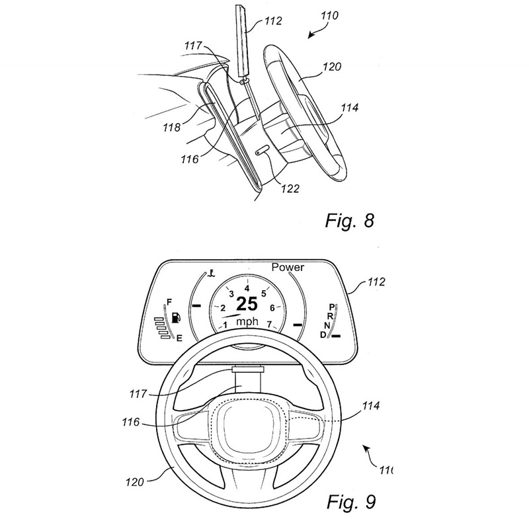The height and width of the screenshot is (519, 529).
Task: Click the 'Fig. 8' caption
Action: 350,221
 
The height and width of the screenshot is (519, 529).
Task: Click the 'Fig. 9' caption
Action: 351,501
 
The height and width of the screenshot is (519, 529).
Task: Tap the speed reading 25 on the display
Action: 247,304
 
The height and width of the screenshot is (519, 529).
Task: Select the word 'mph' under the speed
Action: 247,321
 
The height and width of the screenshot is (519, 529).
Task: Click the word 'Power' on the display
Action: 288,267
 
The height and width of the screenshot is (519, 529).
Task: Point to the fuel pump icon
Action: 176,317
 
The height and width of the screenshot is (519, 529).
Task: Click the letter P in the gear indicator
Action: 332,307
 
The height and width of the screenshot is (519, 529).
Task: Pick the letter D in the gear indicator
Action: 323,335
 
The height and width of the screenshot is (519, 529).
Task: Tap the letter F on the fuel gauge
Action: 169,302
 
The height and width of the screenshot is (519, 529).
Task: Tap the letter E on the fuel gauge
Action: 179,338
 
